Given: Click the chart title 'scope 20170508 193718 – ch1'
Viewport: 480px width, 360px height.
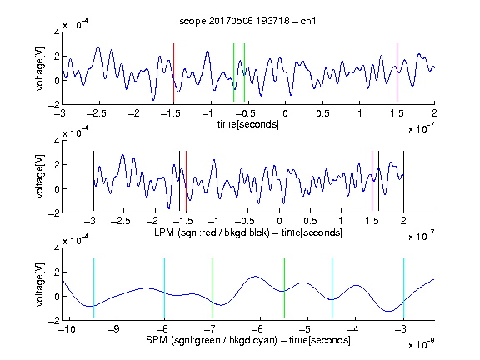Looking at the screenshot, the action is (247, 21).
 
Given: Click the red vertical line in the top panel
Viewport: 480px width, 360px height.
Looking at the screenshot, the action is (173, 73).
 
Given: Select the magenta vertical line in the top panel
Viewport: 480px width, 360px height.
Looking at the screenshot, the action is (397, 73).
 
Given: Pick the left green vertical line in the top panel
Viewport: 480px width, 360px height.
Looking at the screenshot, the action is (233, 73).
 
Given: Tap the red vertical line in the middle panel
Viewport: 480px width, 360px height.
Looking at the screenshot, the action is (186, 181).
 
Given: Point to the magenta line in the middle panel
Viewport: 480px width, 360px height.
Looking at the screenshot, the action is (372, 181).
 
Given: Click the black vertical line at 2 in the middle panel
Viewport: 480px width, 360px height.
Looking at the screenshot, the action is (403, 181).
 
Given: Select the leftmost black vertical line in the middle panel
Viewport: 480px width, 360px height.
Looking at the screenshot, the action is (93, 181).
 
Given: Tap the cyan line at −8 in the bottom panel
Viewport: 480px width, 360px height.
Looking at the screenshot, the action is (164, 288).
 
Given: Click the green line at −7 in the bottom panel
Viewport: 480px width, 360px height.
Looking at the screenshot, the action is (212, 288).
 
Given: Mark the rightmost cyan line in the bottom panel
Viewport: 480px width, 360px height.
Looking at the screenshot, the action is (403, 288).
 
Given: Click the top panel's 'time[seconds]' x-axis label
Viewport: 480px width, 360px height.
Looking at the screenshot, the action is (248, 124).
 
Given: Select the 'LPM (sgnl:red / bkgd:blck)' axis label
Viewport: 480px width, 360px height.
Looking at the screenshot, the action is (212, 232).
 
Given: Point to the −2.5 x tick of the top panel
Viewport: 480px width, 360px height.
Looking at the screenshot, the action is (96, 113).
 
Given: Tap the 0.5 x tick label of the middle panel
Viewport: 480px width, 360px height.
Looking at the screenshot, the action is (310, 221).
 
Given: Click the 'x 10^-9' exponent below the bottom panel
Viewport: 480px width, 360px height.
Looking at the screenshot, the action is (422, 344).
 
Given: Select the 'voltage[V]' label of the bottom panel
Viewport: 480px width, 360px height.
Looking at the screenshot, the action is (40, 284).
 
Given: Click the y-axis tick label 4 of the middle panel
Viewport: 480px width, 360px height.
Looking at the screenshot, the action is (57, 141).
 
